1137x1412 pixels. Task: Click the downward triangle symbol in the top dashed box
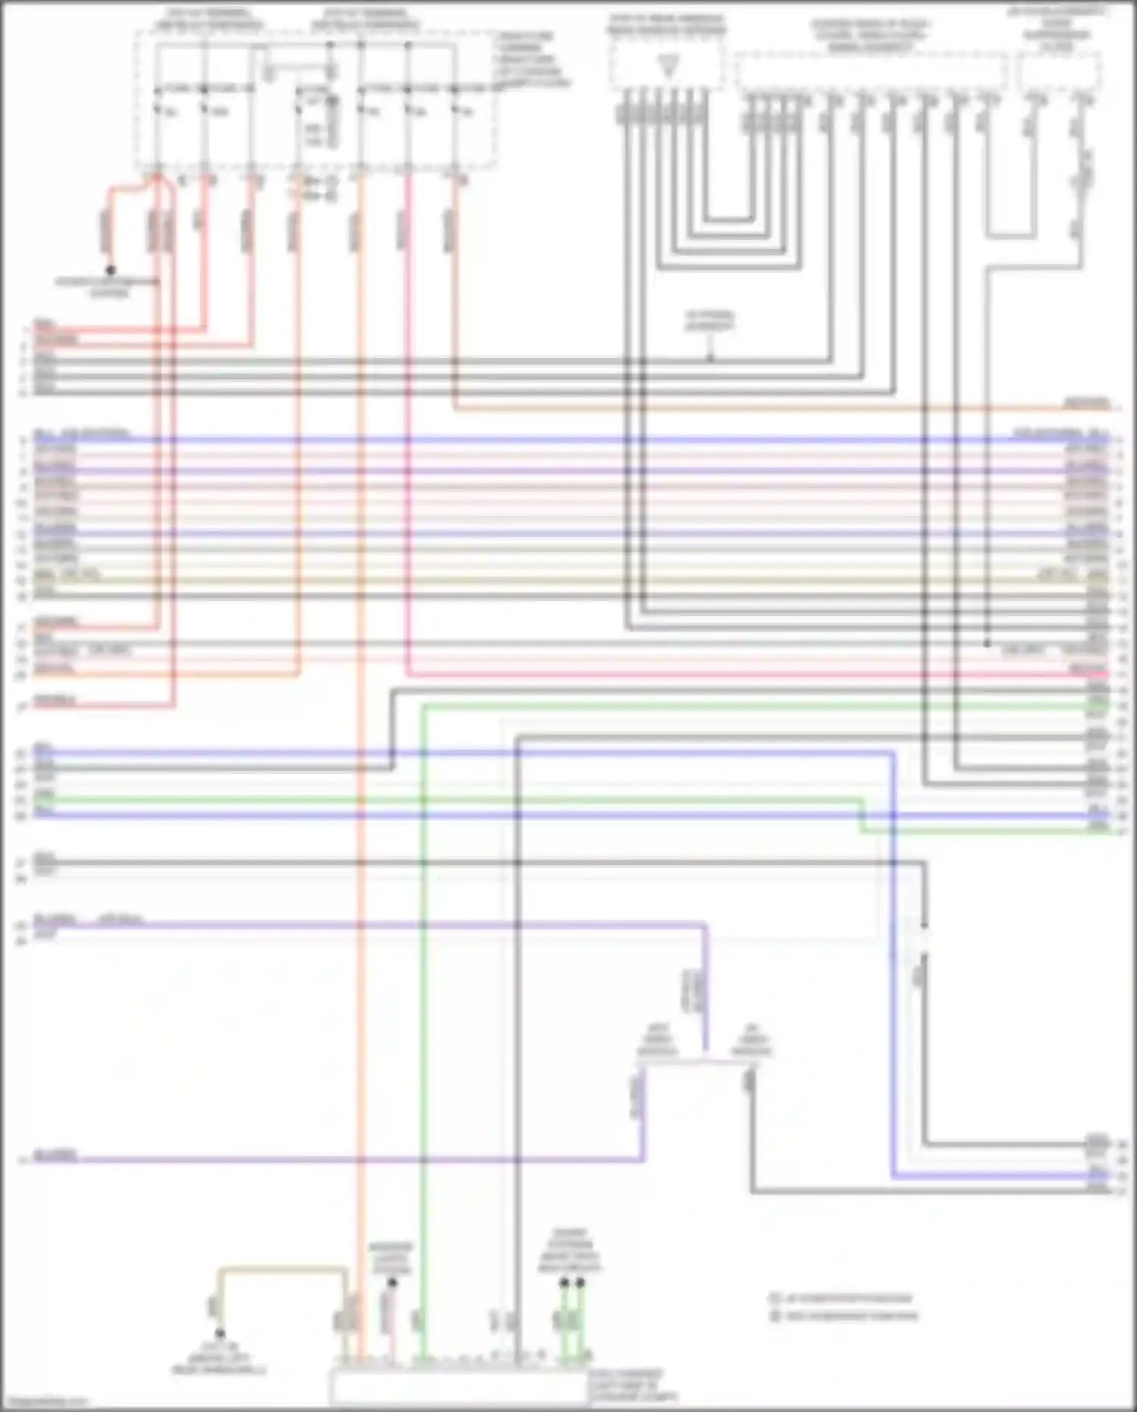(x=668, y=67)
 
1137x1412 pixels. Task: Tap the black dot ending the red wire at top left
(x=111, y=269)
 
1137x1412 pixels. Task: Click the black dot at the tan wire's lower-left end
(x=220, y=1334)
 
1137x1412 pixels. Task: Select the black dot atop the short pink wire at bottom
(x=392, y=1283)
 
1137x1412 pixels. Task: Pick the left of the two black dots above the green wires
(x=564, y=1283)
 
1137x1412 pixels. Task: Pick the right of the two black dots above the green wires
(x=580, y=1283)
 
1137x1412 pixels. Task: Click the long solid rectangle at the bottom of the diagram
(x=459, y=1387)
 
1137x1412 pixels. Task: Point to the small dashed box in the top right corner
(x=1059, y=72)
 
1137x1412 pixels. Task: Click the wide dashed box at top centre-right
(x=870, y=72)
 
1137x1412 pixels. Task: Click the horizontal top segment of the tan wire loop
(x=282, y=1268)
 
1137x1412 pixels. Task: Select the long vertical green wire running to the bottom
(x=423, y=986)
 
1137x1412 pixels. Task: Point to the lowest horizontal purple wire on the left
(x=303, y=1160)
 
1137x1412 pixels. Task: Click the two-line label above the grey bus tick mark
(x=709, y=320)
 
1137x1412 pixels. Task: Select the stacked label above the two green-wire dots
(x=570, y=1251)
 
